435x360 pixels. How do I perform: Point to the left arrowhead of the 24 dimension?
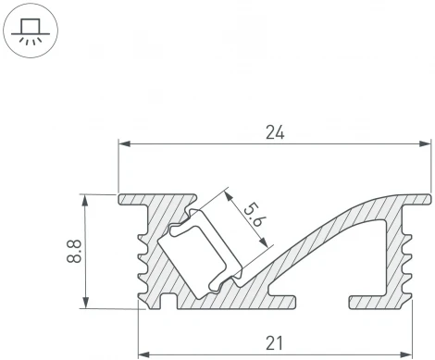pos(124,144)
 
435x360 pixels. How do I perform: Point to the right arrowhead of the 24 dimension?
pos(427,144)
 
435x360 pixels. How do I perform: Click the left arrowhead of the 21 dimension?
pos(143,354)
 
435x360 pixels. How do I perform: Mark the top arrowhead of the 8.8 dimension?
pos(86,198)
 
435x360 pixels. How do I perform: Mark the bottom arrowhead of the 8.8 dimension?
pos(86,303)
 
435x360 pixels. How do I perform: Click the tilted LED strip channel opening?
pos(198,250)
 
